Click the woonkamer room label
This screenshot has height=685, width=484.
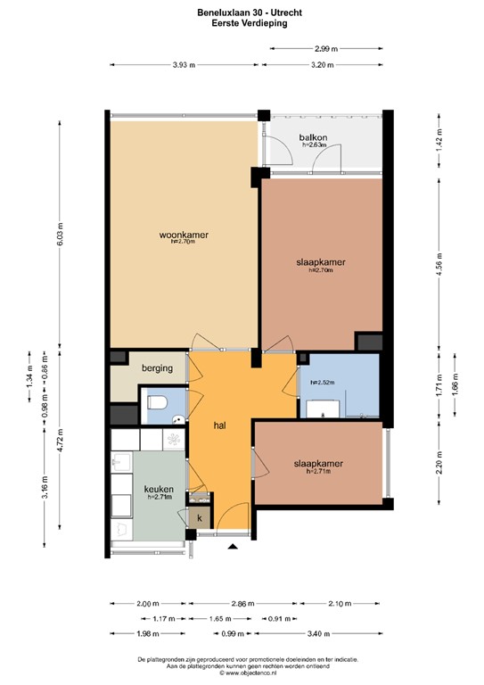click(x=184, y=235)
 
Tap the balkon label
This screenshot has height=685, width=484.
click(x=314, y=137)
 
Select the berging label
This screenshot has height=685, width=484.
click(x=156, y=367)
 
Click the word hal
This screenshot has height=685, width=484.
click(x=220, y=426)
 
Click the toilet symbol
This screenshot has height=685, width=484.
click(x=157, y=403)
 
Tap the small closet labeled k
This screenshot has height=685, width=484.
click(x=200, y=518)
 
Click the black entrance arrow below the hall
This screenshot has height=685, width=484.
click(x=234, y=546)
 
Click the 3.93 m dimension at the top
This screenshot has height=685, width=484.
click(x=184, y=65)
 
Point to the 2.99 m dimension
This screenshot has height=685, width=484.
click(x=326, y=48)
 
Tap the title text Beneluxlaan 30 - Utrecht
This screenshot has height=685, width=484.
click(x=241, y=12)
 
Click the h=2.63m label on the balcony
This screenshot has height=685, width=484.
click(x=314, y=145)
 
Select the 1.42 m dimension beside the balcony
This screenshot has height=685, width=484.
click(x=438, y=144)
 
